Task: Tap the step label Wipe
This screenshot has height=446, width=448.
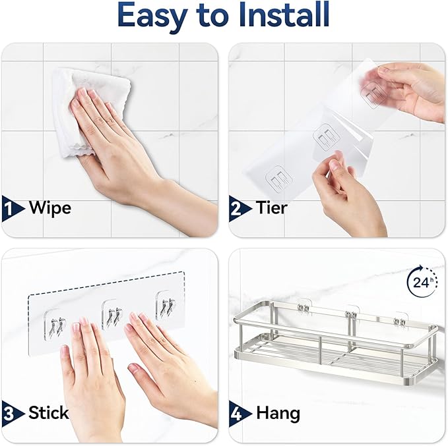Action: [x=49, y=208]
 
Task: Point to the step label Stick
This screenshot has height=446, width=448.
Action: [x=49, y=413]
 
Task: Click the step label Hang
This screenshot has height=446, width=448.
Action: [x=278, y=413]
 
